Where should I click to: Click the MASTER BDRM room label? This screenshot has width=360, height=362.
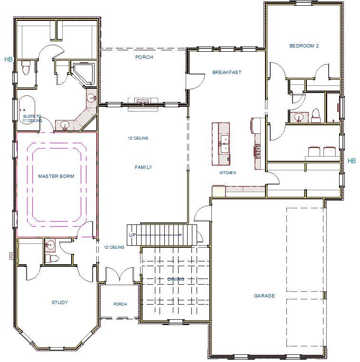pyautogui.click(x=56, y=176)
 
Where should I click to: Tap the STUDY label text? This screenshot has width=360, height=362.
pyautogui.click(x=59, y=302)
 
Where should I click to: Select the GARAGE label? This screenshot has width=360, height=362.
pyautogui.click(x=264, y=296)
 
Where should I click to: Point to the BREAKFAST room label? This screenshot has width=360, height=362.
pyautogui.click(x=227, y=73)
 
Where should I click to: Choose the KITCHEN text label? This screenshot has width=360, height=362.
pyautogui.click(x=227, y=173)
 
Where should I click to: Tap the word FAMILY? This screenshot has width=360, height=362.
pyautogui.click(x=143, y=167)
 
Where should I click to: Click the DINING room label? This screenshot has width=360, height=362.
pyautogui.click(x=175, y=279)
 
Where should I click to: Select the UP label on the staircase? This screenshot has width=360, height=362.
pyautogui.click(x=133, y=235)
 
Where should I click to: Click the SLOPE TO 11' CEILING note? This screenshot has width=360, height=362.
pyautogui.click(x=32, y=119)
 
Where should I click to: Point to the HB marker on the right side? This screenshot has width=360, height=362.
pyautogui.click(x=351, y=161)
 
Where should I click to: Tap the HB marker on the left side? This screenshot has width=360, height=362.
pyautogui.click(x=8, y=60)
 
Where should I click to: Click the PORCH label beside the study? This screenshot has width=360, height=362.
pyautogui.click(x=120, y=304)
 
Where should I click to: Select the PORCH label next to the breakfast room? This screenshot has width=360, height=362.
pyautogui.click(x=144, y=57)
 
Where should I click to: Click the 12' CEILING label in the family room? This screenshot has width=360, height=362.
pyautogui.click(x=138, y=138)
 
